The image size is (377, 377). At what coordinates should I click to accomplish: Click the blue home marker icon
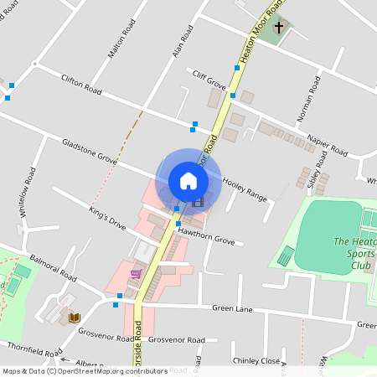point(188,180)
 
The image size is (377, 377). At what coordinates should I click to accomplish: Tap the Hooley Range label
point(245,189)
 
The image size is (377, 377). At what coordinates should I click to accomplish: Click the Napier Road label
point(327,143)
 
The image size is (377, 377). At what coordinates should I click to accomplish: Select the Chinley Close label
point(256,361)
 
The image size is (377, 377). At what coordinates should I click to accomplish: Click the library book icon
point(74,318)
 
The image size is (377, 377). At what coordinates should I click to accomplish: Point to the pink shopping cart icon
point(135,274)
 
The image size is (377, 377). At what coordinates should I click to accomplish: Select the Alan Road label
point(182,41)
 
